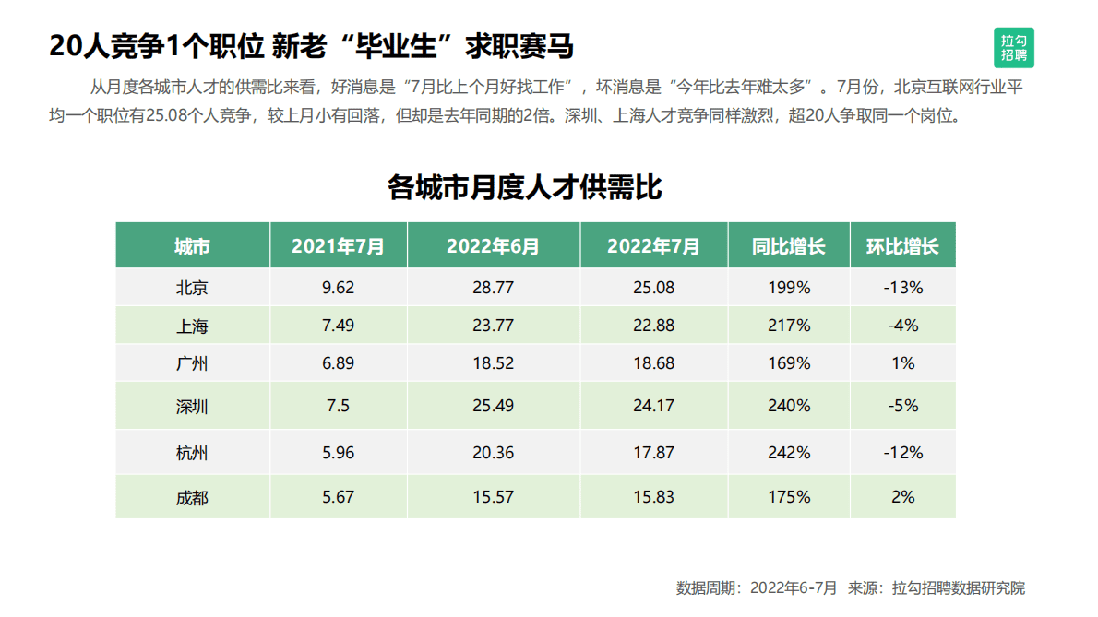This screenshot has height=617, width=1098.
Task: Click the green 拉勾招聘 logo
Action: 1015,48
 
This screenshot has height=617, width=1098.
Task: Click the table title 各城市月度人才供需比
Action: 524,188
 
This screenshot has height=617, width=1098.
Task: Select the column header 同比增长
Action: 788,246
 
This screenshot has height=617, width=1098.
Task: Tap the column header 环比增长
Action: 902,246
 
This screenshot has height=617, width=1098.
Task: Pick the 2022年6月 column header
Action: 493,246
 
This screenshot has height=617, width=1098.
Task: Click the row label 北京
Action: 192,288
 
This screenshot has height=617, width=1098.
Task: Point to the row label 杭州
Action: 192,453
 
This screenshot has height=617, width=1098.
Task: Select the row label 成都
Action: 192,497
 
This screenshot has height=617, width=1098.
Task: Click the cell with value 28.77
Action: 493,288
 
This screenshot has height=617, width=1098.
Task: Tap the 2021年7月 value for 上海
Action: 338,326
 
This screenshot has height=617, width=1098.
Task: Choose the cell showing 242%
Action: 789,453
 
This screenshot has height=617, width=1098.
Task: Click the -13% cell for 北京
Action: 902,288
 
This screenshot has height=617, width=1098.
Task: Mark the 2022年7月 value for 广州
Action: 653,363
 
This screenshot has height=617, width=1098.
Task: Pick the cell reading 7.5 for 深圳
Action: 338,406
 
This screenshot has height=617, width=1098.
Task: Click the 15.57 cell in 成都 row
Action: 493,497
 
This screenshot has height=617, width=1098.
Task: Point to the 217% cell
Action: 789,326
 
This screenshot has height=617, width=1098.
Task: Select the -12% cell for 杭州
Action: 902,453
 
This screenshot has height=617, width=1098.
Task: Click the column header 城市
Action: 192,246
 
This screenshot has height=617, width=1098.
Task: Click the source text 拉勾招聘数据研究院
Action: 959,587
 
